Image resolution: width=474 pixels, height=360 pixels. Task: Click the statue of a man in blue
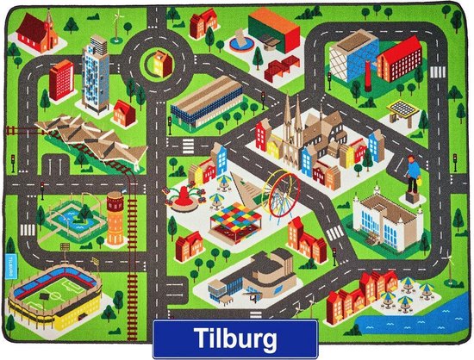(x=413, y=177)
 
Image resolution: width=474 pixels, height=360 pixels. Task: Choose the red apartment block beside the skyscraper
(x=61, y=78)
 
